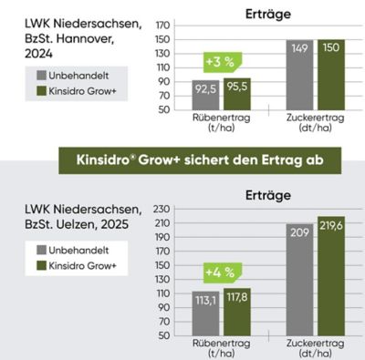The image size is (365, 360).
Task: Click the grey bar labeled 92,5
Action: point(206,94)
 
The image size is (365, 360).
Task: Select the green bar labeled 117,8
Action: point(237,311)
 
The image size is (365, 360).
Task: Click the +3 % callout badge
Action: point(221,62)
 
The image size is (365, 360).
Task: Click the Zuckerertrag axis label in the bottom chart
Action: point(314,351)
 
